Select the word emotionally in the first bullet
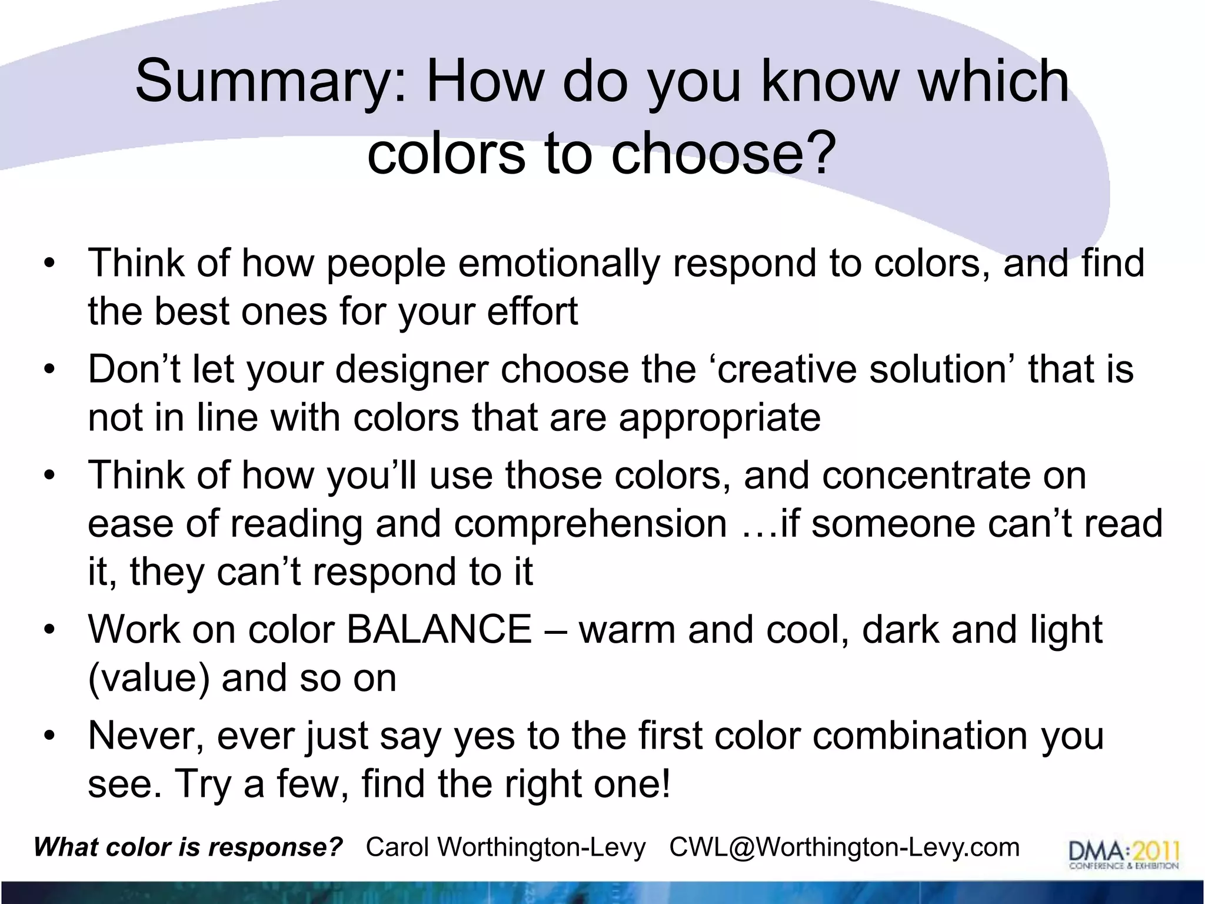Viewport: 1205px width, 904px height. point(558,263)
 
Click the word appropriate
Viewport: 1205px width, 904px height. point(720,418)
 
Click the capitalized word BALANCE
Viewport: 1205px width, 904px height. point(439,630)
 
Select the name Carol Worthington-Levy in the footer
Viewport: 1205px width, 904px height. point(505,847)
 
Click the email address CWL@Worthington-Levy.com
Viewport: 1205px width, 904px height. point(844,847)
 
